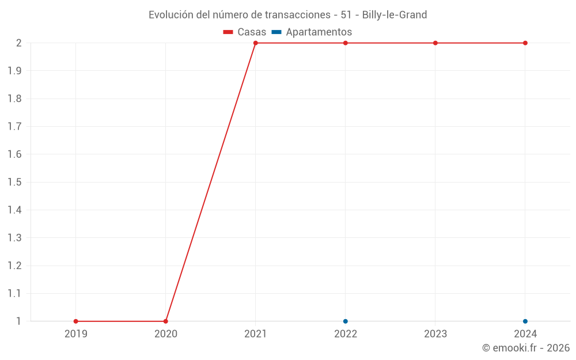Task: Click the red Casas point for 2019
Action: (x=76, y=321)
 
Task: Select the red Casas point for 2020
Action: (x=166, y=321)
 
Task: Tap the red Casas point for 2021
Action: (x=256, y=43)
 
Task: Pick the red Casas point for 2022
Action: (x=346, y=43)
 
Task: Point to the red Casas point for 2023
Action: (x=435, y=43)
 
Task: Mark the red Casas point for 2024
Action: (x=525, y=43)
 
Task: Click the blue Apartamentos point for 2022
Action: (x=346, y=321)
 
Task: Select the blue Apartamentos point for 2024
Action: (x=525, y=321)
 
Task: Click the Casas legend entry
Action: (x=245, y=32)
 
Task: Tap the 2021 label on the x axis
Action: (x=256, y=334)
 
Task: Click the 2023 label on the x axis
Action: (x=435, y=334)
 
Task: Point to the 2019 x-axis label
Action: (x=76, y=334)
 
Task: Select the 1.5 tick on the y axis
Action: (x=14, y=183)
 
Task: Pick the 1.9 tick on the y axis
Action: (x=14, y=71)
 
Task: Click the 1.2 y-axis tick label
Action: (x=14, y=266)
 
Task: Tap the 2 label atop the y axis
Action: (x=19, y=43)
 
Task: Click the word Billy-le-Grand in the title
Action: (x=395, y=15)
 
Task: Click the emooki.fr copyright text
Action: (x=526, y=348)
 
